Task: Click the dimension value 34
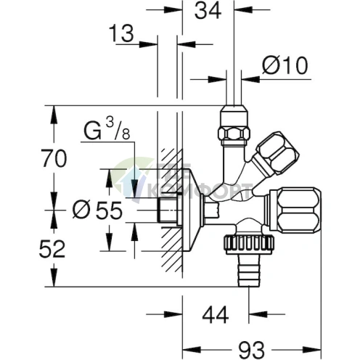pos(208,11)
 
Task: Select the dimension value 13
pos(121,33)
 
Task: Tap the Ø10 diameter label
pos(285,65)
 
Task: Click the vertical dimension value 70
pos(54,158)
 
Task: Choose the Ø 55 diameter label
pos(97,210)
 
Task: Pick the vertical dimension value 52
pos(52,249)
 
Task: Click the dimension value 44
pos(216,315)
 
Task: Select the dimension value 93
pos(251,350)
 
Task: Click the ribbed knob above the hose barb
pos(249,245)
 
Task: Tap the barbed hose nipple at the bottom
pos(249,271)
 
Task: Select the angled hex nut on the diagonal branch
pos(275,153)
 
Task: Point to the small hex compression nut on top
pos(234,125)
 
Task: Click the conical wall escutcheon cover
pos(192,210)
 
